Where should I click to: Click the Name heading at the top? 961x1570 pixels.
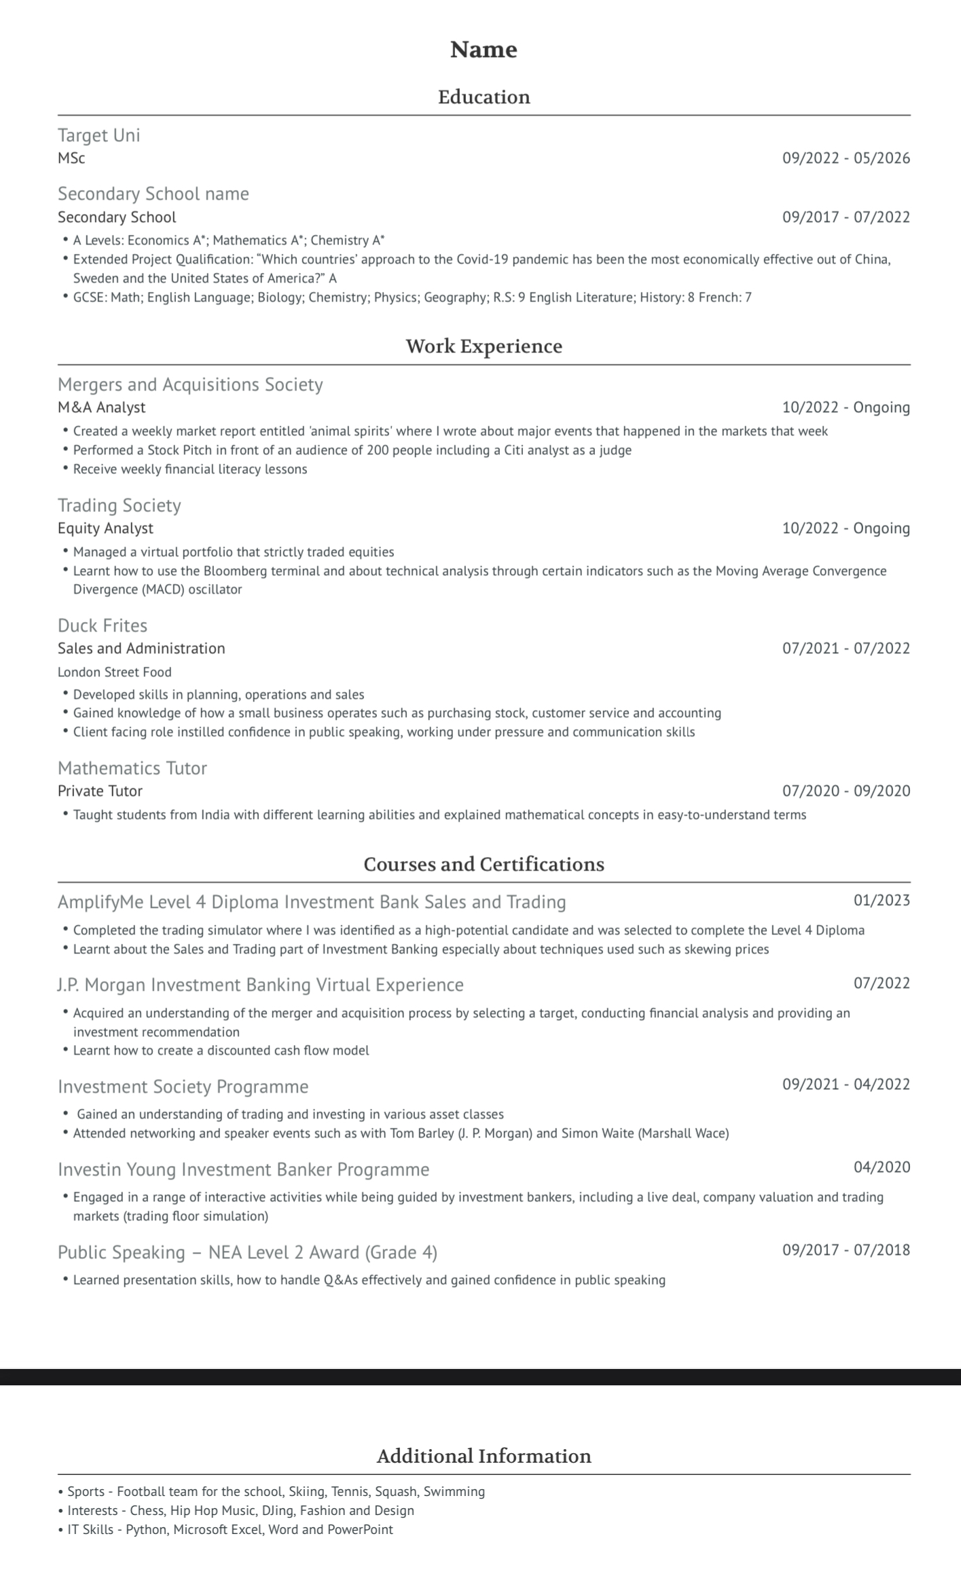click(484, 50)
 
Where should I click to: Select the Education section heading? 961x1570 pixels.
click(484, 97)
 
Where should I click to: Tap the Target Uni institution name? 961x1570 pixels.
click(99, 135)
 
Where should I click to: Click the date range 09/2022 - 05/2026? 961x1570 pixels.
click(846, 158)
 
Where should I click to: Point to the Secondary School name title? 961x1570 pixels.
click(153, 194)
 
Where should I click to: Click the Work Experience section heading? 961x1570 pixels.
click(484, 346)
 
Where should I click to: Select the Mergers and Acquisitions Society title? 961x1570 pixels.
click(190, 384)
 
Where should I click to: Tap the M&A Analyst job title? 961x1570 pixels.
click(102, 407)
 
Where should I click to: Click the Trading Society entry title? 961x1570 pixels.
click(120, 505)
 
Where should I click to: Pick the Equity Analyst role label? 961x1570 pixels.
click(105, 528)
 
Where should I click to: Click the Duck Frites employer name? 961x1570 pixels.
click(103, 625)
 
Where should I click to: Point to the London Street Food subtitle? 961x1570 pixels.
click(115, 672)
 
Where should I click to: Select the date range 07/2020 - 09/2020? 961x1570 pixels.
click(846, 791)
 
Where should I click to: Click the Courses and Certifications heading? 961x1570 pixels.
click(484, 864)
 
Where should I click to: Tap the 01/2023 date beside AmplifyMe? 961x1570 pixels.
click(882, 900)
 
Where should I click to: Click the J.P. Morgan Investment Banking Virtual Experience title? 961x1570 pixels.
click(261, 985)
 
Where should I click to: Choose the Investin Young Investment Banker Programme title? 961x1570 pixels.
click(244, 1169)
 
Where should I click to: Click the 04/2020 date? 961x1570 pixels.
click(882, 1167)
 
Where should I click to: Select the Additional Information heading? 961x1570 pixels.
click(484, 1456)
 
